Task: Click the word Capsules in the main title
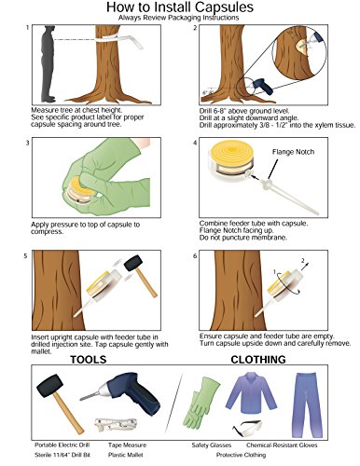click(223, 7)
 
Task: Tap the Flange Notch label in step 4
click(293, 152)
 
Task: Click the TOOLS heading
click(89, 360)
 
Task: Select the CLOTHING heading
click(258, 360)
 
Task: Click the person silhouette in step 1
click(48, 64)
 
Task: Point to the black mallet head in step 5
click(133, 264)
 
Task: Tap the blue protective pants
click(306, 405)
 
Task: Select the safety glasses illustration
click(247, 428)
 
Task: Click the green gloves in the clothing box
click(200, 403)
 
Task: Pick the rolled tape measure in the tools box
click(116, 424)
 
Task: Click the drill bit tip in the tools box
click(81, 399)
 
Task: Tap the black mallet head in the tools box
click(49, 386)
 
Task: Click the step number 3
click(28, 143)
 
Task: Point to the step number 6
click(195, 255)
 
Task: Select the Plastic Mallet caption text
click(126, 455)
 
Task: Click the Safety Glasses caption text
click(212, 445)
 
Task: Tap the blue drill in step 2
click(263, 86)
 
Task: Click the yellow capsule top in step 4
click(231, 152)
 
